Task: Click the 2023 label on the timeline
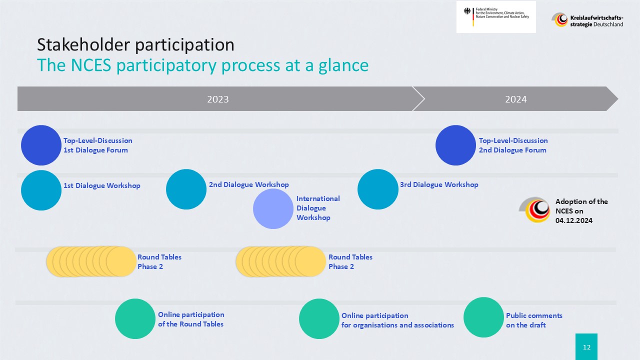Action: click(217, 99)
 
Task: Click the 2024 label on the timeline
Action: click(515, 99)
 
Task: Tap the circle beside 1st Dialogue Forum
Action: click(41, 145)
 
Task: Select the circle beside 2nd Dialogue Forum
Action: click(455, 145)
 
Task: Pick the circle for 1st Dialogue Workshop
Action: click(41, 190)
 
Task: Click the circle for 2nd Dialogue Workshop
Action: click(186, 189)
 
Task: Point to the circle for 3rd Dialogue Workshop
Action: click(377, 189)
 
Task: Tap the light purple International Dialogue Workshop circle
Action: click(273, 208)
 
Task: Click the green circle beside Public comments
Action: click(483, 317)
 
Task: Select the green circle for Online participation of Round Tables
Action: click(135, 318)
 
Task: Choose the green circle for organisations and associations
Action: click(319, 318)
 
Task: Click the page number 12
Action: click(586, 347)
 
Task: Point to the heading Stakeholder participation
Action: click(135, 45)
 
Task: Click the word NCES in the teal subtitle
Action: click(91, 65)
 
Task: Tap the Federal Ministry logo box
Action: click(496, 17)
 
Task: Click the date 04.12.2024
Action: click(573, 220)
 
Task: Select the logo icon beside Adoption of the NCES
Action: click(534, 209)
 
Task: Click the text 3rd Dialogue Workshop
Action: click(439, 184)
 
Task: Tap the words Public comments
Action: click(534, 315)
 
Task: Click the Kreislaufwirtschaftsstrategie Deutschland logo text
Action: click(596, 21)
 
